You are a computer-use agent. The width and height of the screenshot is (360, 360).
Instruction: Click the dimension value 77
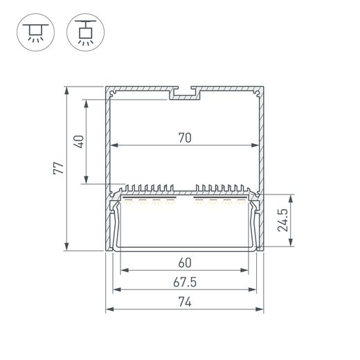[58, 168]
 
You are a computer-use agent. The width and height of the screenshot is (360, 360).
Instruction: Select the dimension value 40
[79, 142]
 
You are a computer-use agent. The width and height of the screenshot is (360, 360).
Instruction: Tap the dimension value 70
[185, 138]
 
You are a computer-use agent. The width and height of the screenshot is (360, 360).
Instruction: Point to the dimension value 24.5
[283, 220]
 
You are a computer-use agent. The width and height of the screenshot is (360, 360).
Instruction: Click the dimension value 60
[185, 263]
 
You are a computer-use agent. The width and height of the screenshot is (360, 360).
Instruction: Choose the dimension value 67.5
[185, 282]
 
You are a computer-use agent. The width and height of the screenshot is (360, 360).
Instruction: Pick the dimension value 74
[185, 302]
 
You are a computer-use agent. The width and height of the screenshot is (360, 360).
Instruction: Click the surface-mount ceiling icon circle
[35, 33]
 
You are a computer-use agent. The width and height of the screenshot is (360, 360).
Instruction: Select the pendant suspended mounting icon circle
[85, 33]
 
